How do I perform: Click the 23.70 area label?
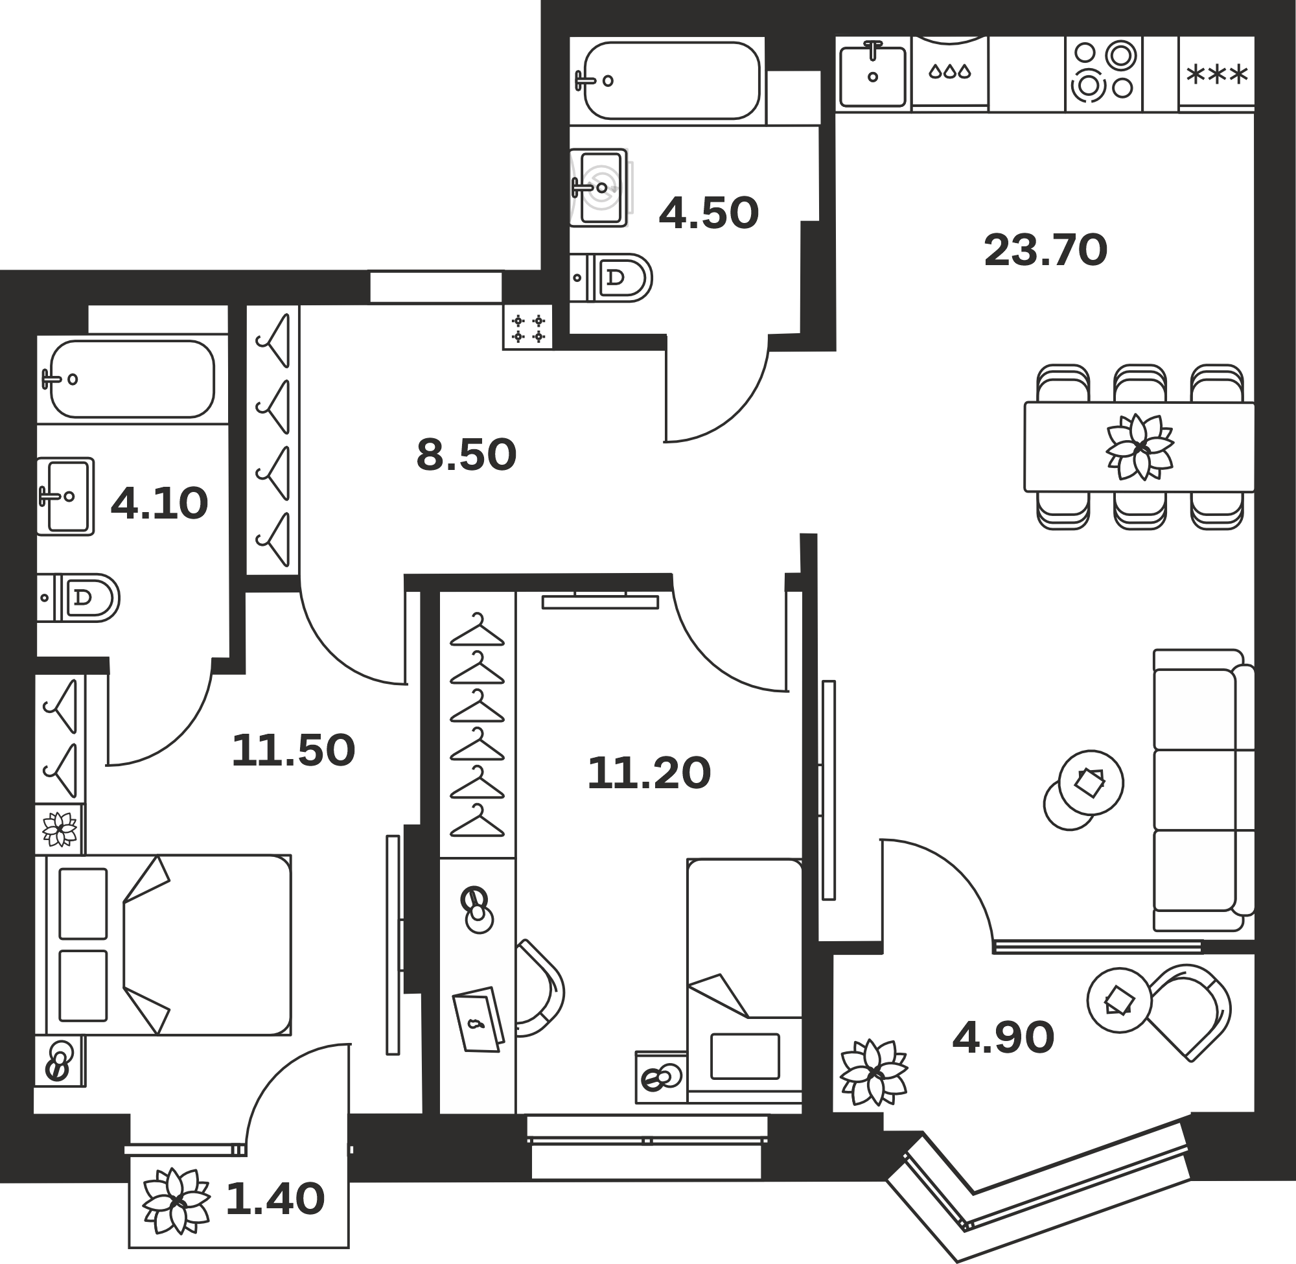pyautogui.click(x=1046, y=250)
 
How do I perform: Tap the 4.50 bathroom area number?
pyautogui.click(x=709, y=213)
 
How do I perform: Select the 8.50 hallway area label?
pyautogui.click(x=467, y=455)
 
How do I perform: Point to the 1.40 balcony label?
pyautogui.click(x=275, y=1199)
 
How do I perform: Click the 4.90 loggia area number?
pyautogui.click(x=1003, y=1038)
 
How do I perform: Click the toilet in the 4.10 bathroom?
pyautogui.click(x=78, y=598)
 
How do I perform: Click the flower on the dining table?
pyautogui.click(x=1139, y=447)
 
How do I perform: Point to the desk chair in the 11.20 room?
pyautogui.click(x=540, y=988)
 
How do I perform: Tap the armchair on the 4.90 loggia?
pyautogui.click(x=1190, y=1012)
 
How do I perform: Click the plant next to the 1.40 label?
pyautogui.click(x=176, y=1200)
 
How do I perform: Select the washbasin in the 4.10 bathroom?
pyautogui.click(x=65, y=496)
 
